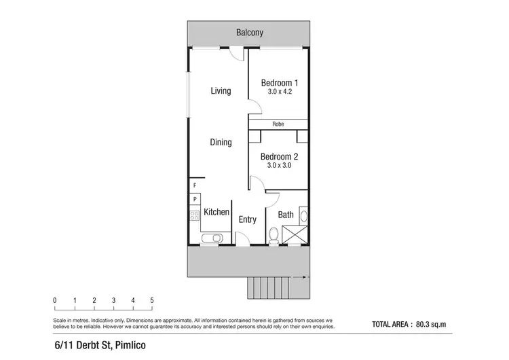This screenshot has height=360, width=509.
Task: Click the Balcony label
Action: [250, 33]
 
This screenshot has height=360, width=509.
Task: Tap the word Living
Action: [221, 91]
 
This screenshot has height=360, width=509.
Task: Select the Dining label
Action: [221, 143]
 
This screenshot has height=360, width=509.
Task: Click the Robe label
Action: [278, 124]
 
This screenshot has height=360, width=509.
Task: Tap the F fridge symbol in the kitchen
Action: [195, 185]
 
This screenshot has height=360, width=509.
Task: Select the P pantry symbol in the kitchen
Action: [195, 199]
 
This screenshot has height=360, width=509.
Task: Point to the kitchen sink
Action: [212, 238]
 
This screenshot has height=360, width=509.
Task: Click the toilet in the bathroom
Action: [274, 236]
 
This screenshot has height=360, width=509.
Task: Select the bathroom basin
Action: [303, 217]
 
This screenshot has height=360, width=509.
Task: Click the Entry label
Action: [248, 219]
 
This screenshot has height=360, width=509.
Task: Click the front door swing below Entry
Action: [242, 238]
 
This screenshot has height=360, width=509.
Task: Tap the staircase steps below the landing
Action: [269, 288]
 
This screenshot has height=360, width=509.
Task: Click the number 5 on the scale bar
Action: [152, 300]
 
